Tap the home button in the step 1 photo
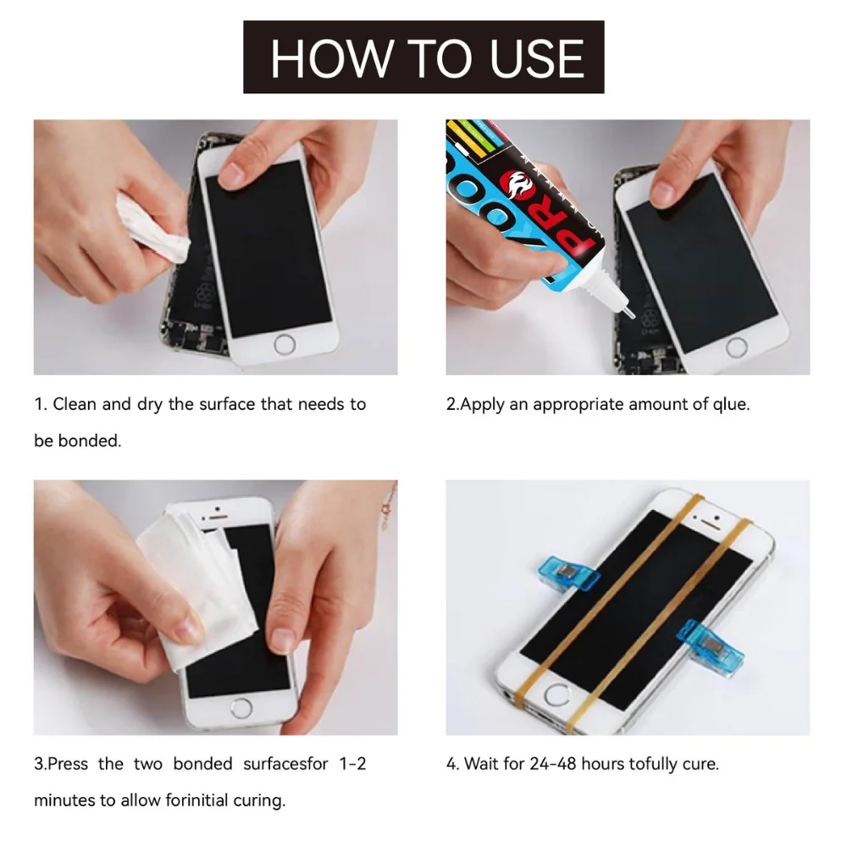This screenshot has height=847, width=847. pos(286,344)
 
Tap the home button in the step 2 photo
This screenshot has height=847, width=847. pos(736,346)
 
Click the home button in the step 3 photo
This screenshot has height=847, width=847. pos(242,707)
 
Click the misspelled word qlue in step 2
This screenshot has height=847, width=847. pos(730,404)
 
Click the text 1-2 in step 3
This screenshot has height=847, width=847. pos(349,763)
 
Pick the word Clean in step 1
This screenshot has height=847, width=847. pos(75,404)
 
